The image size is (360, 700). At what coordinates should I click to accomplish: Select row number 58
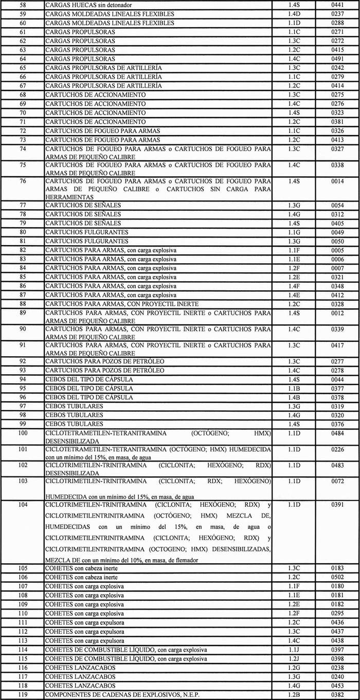[x=22, y=5]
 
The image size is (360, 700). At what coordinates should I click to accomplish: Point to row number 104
[x=22, y=505]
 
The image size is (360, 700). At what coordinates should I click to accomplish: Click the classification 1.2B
[x=294, y=695]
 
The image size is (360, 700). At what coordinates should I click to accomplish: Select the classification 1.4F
[x=294, y=286]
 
